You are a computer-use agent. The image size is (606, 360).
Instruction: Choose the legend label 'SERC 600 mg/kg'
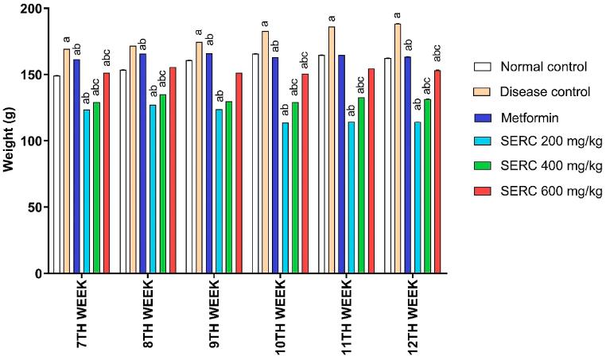click(546, 192)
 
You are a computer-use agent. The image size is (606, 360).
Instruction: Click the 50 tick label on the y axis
click(34, 207)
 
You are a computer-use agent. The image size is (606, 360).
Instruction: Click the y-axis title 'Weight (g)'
click(10, 141)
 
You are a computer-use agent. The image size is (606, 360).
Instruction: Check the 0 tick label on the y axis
click(38, 273)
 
